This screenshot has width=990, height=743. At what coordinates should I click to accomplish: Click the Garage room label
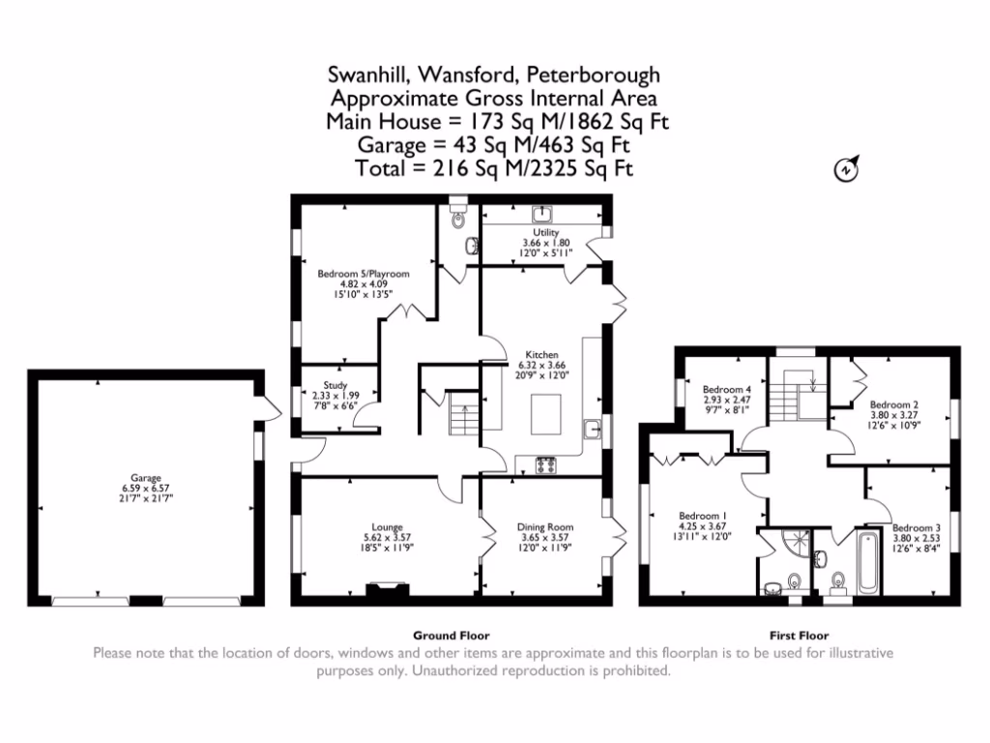coord(146,478)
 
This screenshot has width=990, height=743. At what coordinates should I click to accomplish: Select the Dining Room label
coord(545,527)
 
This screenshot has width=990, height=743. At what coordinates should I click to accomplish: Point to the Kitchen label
coord(541,354)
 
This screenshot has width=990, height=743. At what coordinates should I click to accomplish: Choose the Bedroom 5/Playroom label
coord(364,274)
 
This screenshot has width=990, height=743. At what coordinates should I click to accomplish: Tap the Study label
coord(335,385)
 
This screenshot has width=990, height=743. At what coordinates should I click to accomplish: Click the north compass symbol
coord(846,170)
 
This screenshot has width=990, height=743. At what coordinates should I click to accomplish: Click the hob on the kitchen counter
coord(546,464)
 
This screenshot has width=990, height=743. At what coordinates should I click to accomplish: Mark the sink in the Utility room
coord(542,214)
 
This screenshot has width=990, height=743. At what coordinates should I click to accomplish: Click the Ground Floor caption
coord(451,636)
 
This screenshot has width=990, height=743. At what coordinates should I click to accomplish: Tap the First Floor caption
coord(800,636)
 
